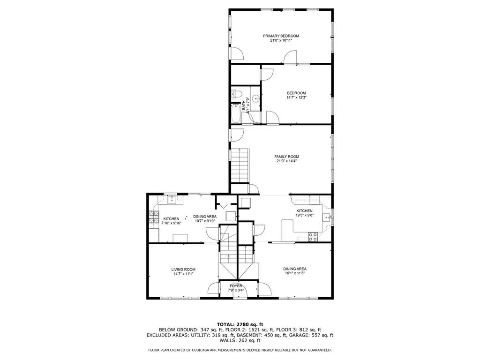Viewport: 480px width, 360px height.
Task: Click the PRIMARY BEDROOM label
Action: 281,36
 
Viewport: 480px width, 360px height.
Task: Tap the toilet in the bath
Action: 234,94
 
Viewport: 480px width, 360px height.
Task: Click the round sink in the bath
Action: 255,99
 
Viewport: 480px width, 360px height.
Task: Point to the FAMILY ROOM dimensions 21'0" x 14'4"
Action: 286,161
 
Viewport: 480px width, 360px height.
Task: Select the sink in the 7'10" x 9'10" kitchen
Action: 171,200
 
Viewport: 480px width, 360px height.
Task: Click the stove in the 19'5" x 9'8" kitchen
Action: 313,237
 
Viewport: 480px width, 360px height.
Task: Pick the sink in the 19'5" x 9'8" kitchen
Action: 327,217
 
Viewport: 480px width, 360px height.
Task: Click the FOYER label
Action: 236,286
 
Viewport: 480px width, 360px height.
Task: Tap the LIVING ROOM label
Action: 183,269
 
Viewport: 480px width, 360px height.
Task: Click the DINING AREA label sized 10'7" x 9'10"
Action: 205,216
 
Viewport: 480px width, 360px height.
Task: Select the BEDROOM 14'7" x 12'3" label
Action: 296,93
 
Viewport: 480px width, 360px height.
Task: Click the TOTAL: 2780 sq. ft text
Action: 240,324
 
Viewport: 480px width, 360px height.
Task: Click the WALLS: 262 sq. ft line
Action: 240,341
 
